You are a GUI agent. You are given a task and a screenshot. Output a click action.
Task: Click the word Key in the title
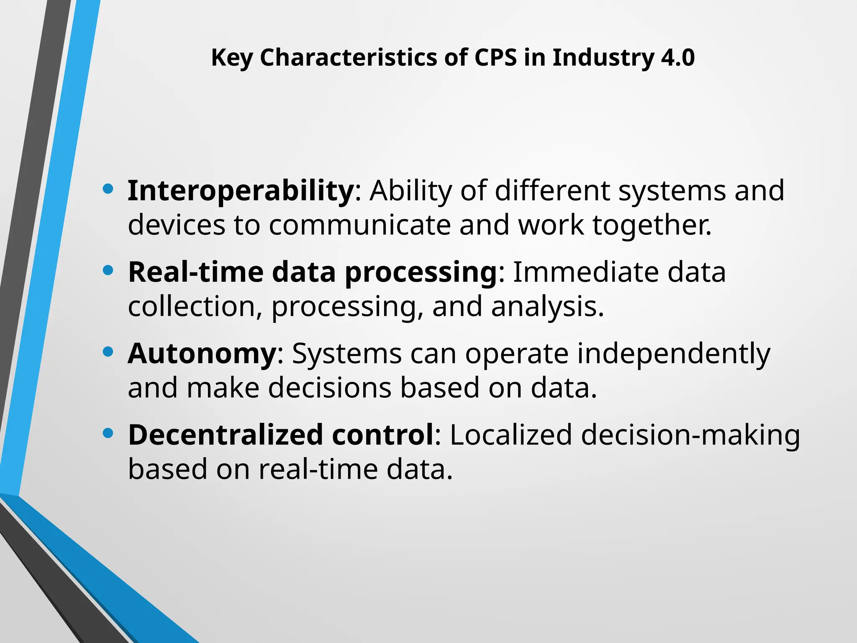pos(231,58)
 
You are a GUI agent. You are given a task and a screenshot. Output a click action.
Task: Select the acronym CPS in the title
pos(495,58)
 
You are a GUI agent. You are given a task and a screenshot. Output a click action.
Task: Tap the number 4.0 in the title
pos(678,58)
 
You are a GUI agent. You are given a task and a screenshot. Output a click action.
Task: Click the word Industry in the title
pos(603,58)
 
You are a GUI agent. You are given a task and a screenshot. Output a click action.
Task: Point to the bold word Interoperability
pos(241,191)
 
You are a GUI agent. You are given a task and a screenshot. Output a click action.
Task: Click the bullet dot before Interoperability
pos(108,189)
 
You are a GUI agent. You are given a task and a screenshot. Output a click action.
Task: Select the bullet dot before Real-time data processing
pos(108,271)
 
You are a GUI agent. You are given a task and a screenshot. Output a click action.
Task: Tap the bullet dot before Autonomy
pos(108,352)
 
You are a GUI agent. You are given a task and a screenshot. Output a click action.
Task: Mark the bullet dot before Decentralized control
pos(108,433)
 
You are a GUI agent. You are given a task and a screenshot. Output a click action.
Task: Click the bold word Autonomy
pos(202,354)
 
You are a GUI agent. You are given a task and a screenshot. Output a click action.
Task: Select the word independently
pos(674,354)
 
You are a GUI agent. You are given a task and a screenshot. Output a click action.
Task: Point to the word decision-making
pos(690,435)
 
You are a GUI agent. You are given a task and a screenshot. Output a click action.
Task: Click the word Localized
pos(511,435)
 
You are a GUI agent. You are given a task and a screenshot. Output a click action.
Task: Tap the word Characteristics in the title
pos(349,58)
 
